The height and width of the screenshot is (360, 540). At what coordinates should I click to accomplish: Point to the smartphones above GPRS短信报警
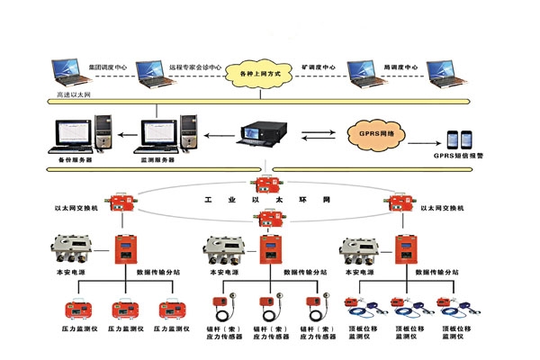click(x=457, y=139)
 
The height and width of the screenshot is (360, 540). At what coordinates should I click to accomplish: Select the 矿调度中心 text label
click(x=319, y=67)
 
